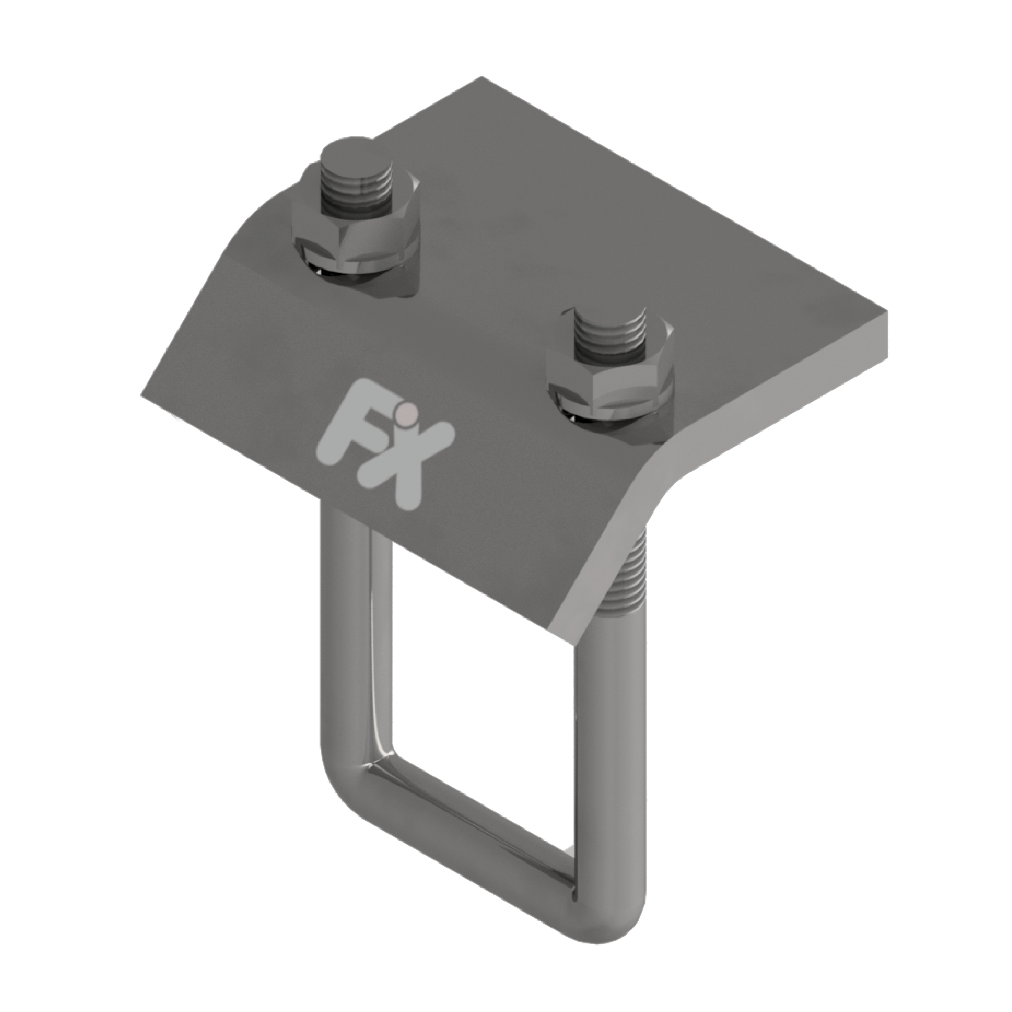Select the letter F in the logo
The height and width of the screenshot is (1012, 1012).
point(346,430)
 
